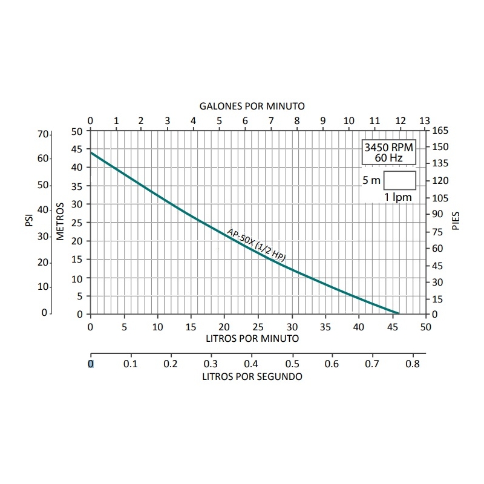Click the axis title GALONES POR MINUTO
tap(252, 106)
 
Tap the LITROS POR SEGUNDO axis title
tap(252, 376)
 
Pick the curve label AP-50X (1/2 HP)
tap(256, 244)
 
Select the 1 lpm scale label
tap(398, 197)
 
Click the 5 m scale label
tap(371, 181)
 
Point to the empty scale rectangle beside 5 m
tap(399, 181)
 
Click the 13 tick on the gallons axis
tap(425, 120)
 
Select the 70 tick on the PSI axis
tap(42, 134)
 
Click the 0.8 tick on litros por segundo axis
tap(412, 364)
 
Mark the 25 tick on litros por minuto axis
tap(258, 327)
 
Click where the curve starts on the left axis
tap(91, 152)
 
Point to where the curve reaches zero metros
tap(399, 313)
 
